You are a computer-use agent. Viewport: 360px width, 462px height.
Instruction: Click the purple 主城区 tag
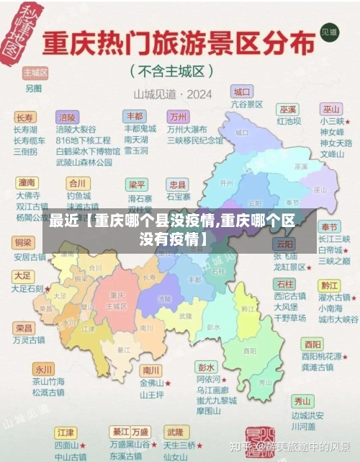35,73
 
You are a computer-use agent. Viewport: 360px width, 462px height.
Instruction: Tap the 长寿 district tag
24,117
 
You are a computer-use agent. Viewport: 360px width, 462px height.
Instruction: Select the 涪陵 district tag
67,117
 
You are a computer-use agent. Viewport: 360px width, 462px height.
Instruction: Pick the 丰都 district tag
135,115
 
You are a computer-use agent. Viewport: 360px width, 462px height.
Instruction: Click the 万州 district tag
177,116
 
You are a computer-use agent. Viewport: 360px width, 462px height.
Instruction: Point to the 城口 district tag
241,92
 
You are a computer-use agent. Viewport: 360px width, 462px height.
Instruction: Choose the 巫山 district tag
331,109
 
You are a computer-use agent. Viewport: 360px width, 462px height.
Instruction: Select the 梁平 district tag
136,185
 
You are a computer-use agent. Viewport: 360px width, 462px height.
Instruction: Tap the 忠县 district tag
176,185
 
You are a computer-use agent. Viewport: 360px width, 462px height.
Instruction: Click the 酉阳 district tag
312,344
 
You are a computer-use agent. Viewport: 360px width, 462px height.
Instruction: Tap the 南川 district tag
150,370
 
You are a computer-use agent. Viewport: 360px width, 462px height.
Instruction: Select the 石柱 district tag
284,283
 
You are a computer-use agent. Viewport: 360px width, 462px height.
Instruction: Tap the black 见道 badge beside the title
329,32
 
